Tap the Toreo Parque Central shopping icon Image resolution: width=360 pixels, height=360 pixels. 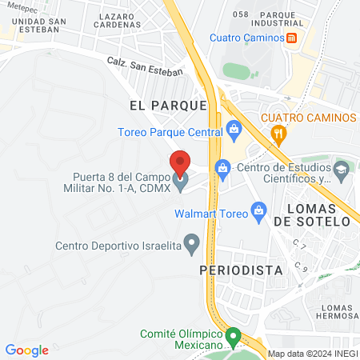point(234,128)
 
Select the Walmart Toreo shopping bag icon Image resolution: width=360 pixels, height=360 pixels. point(258,210)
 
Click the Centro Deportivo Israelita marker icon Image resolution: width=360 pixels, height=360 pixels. point(191,242)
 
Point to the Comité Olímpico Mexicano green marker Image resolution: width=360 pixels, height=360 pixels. point(233,337)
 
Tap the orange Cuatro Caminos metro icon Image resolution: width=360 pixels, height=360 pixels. point(292,38)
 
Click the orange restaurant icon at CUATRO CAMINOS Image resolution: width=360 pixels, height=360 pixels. point(278,133)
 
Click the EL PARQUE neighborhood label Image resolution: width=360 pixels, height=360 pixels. point(168,105)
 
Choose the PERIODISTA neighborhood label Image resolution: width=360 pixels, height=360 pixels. point(241,270)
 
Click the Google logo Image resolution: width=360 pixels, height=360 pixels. point(27,350)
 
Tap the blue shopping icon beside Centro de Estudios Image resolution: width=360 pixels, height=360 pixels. point(222,167)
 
